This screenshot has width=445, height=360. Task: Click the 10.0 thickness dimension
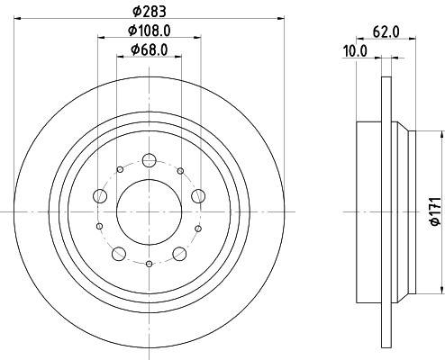click(357, 52)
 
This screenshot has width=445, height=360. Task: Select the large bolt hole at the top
click(150, 161)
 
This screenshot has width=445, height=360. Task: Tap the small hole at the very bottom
click(149, 264)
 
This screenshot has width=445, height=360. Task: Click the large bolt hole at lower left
click(119, 253)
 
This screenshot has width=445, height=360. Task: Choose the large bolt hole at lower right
click(179, 253)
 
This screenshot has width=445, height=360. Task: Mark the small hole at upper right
click(180, 171)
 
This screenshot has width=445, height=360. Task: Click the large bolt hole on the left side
click(100, 195)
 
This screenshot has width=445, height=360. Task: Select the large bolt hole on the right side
click(198, 195)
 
